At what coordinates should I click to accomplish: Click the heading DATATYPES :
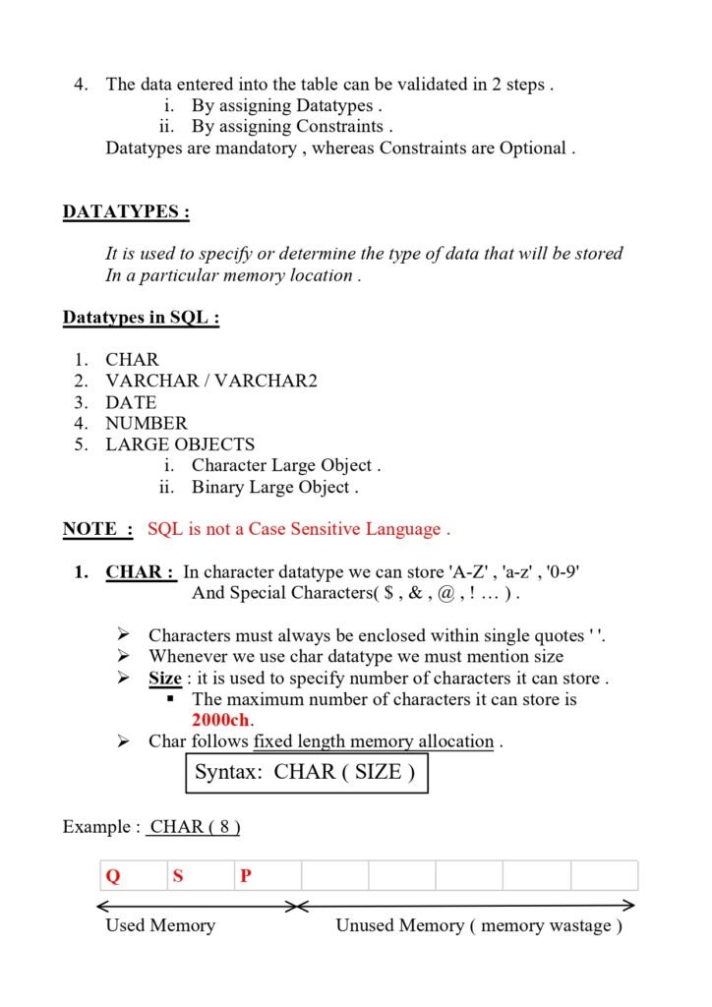point(126,212)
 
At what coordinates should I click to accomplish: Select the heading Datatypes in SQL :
point(141,318)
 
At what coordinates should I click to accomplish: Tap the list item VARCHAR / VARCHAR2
point(211,381)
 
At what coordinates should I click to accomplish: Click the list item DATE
point(131,402)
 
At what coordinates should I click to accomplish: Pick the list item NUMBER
point(146,423)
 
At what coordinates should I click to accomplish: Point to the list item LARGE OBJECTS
point(180,444)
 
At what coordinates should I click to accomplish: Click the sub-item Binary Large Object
point(274,487)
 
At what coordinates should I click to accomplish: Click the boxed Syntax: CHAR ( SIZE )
point(305,773)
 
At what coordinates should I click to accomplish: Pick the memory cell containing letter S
point(200,875)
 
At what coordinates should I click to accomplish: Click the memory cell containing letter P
point(267,875)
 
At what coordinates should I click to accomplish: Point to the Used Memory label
point(159,925)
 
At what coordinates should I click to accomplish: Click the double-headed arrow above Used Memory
point(197,906)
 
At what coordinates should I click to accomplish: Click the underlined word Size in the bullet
point(164,680)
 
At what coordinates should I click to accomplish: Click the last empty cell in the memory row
point(604,875)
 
